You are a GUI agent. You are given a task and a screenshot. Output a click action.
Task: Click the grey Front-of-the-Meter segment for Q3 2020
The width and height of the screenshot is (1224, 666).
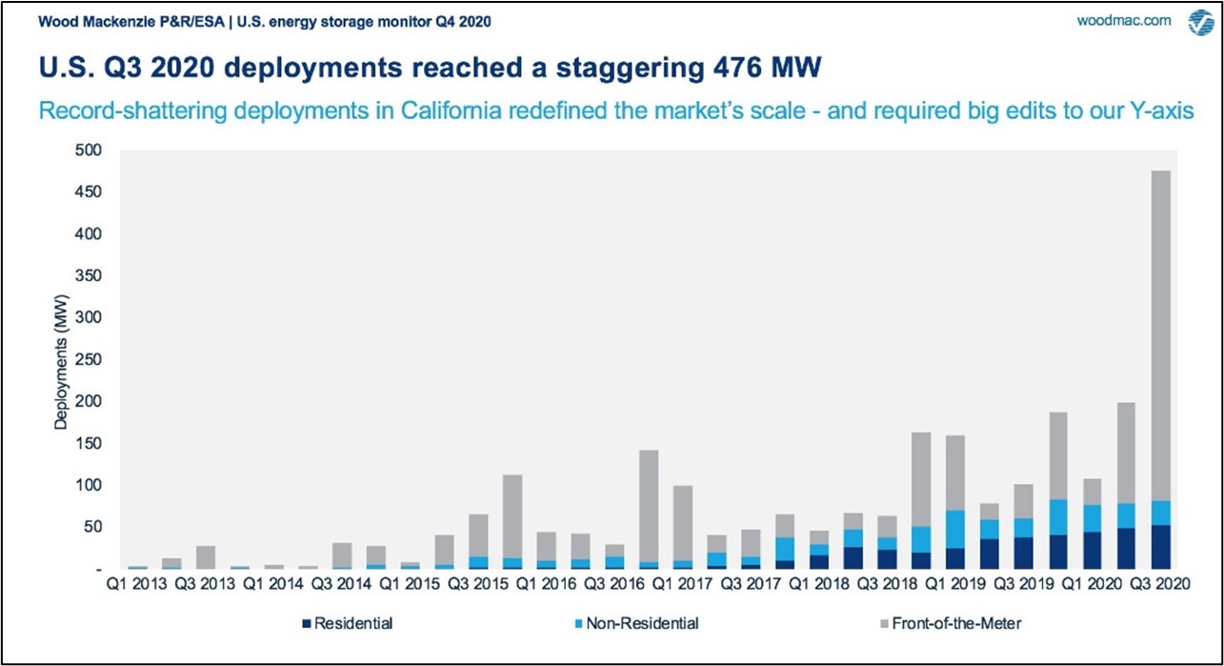(x=1160, y=335)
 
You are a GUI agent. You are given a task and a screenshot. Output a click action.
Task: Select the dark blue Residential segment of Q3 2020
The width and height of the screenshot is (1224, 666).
(x=1160, y=547)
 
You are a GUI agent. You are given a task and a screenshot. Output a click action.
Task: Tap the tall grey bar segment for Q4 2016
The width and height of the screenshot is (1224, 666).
(x=649, y=506)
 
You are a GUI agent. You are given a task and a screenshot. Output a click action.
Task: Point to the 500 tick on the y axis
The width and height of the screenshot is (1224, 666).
(x=89, y=150)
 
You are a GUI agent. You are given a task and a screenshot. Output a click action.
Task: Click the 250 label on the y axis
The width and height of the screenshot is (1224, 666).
(x=89, y=359)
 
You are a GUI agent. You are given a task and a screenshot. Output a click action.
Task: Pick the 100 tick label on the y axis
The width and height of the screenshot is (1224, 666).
(x=89, y=485)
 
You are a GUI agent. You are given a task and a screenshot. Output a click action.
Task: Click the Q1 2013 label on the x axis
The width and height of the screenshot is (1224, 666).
(x=136, y=584)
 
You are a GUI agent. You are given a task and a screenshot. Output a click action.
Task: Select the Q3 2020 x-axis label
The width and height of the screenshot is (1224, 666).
(x=1160, y=584)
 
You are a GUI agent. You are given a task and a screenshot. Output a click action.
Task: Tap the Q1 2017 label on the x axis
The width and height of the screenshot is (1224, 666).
(x=683, y=584)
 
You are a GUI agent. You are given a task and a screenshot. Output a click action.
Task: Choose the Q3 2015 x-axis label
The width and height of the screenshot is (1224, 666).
(x=477, y=584)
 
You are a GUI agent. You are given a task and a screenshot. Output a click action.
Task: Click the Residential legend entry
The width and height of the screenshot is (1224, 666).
(x=348, y=623)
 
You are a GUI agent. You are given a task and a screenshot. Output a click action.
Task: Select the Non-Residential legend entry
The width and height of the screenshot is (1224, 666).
(x=636, y=623)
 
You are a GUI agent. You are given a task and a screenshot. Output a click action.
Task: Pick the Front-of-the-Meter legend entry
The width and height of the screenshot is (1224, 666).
(x=951, y=623)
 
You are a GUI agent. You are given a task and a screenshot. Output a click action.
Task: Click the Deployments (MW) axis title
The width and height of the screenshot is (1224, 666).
(x=61, y=362)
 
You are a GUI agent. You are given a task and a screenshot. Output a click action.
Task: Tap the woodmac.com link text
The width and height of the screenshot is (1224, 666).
(x=1124, y=21)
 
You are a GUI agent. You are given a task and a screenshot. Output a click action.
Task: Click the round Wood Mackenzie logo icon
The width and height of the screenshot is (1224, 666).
(x=1201, y=23)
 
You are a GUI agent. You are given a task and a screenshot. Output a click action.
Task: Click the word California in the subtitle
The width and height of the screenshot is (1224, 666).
(x=451, y=111)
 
